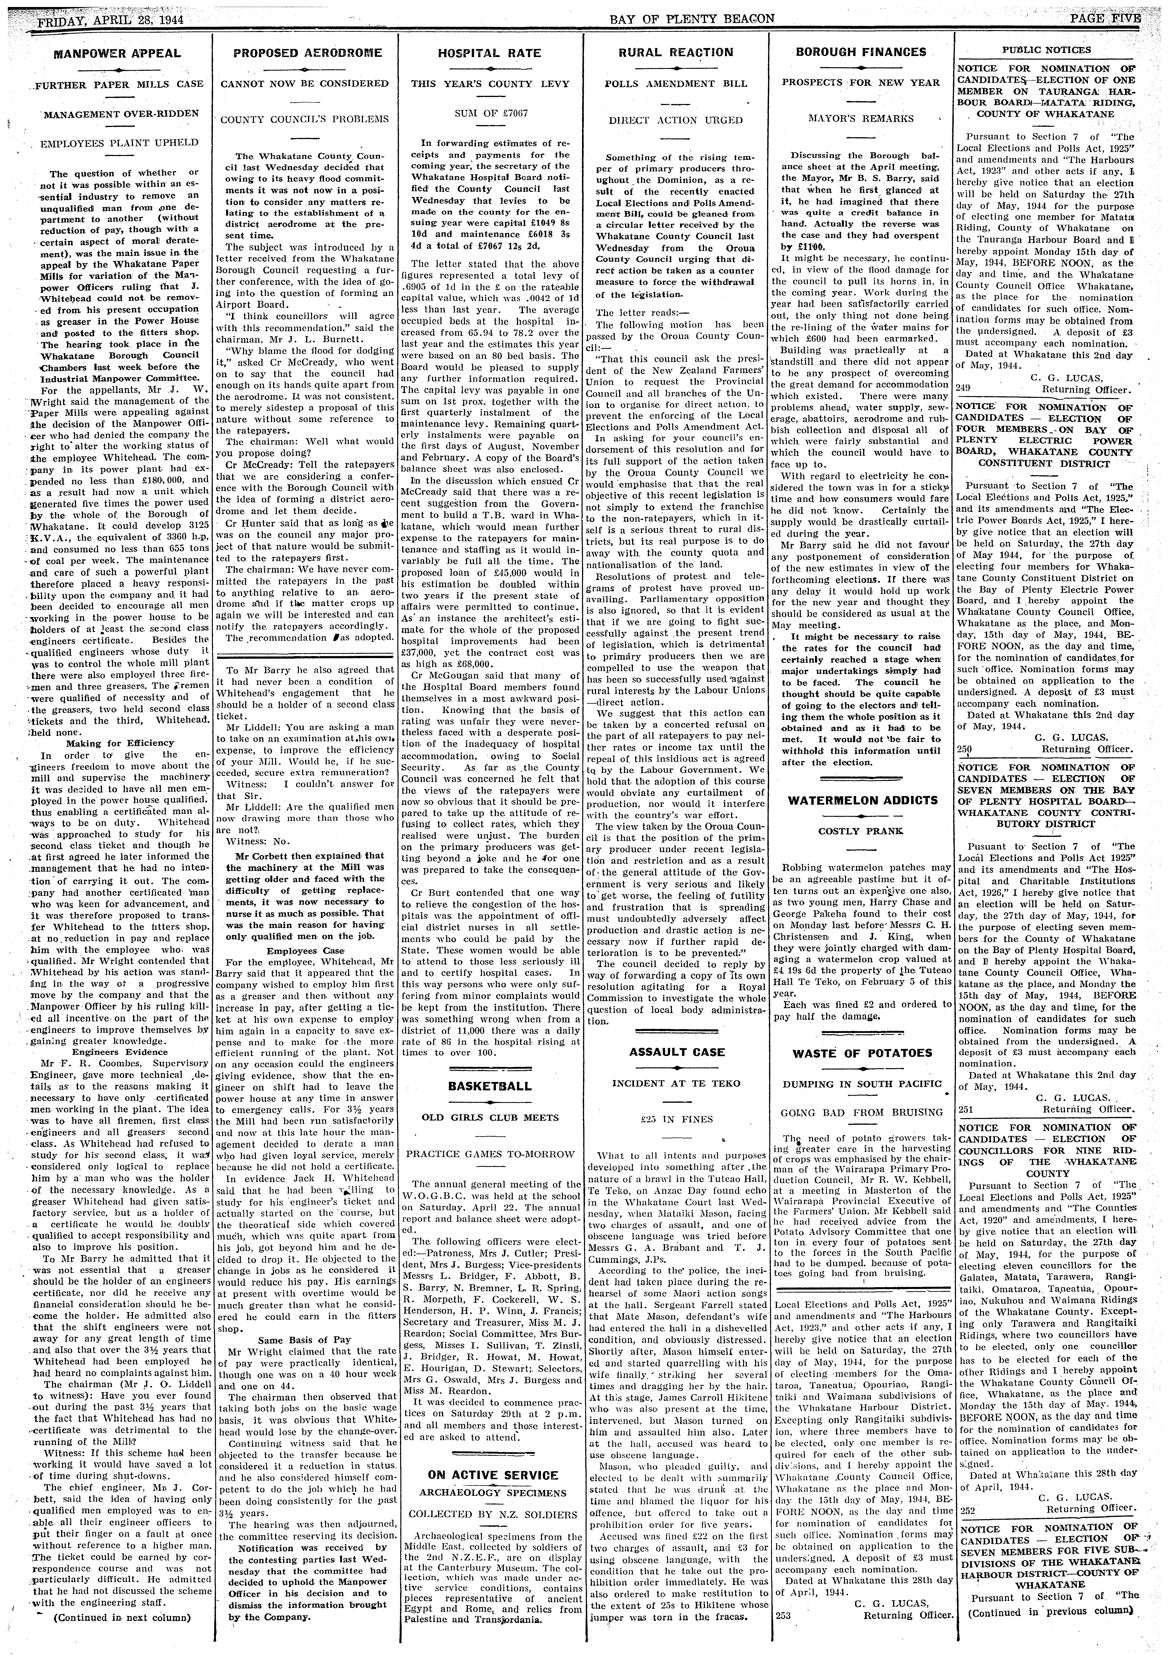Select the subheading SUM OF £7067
(x=489, y=114)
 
